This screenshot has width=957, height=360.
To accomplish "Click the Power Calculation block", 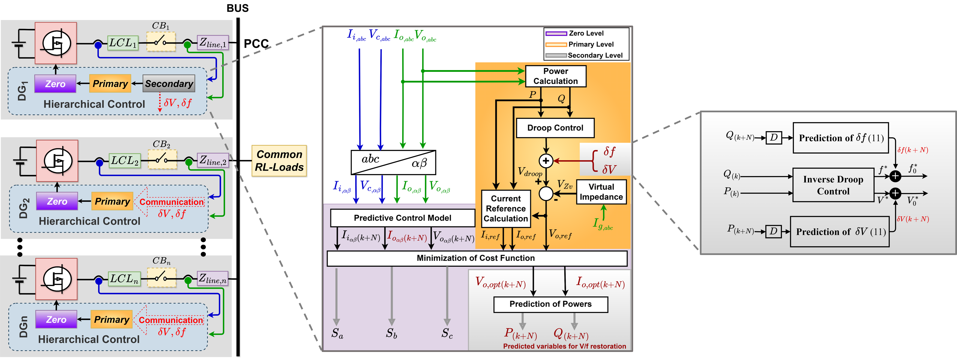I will point(555,76).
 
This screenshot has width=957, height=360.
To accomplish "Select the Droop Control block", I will point(555,128).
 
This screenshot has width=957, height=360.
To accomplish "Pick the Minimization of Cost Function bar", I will point(477,258).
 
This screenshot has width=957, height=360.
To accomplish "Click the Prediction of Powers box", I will point(550,304).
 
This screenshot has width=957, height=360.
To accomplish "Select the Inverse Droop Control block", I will point(833,185).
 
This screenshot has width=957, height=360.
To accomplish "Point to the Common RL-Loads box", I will point(279,161).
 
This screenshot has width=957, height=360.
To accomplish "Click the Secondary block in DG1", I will point(169,84).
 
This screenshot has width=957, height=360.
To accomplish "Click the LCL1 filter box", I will point(123,43).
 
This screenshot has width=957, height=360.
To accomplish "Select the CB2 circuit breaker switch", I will point(162,160).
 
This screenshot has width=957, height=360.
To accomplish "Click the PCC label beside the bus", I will point(256,44).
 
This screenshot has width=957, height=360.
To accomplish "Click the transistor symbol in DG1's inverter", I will point(56,43).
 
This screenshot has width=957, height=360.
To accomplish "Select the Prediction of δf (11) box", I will point(841,138).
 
